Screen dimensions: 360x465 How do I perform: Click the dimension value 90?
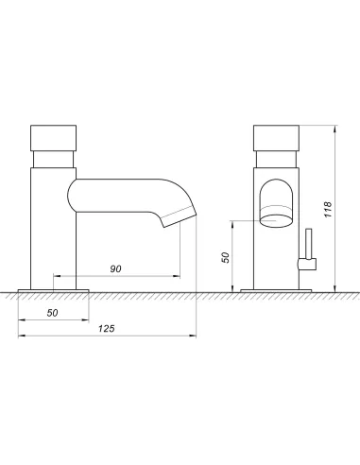(x=115, y=268)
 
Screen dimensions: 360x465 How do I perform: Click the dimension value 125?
(x=107, y=329)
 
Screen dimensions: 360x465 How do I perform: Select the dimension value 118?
(x=328, y=210)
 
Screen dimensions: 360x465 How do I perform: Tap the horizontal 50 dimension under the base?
(x=52, y=313)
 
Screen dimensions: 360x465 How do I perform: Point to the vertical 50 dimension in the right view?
(x=226, y=257)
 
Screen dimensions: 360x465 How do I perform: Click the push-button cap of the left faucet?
(x=54, y=138)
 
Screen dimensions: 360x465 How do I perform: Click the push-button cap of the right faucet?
(x=276, y=138)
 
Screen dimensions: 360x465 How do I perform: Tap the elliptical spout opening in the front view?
(x=276, y=221)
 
